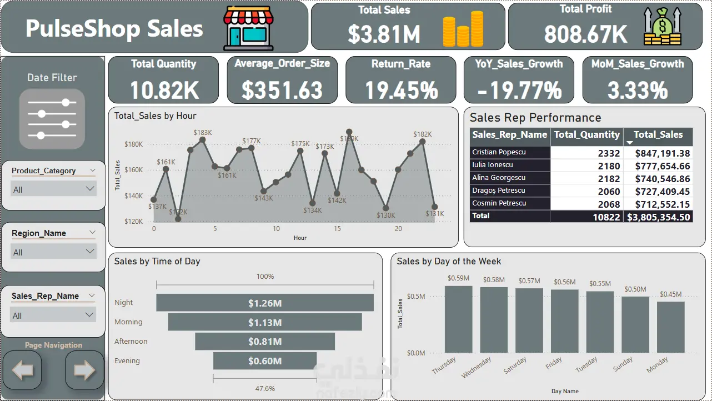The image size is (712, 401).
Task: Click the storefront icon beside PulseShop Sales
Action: [248, 29]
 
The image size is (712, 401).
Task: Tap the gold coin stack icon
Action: [463, 29]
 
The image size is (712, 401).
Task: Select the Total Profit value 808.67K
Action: [585, 34]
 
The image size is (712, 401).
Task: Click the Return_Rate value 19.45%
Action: [400, 90]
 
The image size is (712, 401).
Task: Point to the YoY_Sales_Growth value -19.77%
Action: [519, 90]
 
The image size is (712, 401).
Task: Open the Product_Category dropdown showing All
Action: [54, 189]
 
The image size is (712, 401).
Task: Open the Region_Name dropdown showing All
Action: [54, 252]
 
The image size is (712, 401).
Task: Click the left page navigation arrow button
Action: [22, 370]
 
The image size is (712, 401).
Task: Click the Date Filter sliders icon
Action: [52, 118]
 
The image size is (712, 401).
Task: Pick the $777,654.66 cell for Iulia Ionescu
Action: [658, 166]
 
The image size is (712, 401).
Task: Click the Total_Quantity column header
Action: [586, 134]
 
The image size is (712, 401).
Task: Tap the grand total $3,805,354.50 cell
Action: [658, 217]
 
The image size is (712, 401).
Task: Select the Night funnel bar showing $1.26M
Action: [265, 303]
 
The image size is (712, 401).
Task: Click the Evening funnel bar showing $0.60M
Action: [265, 361]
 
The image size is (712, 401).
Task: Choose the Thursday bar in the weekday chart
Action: [458, 319]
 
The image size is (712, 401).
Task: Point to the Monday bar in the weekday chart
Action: [671, 327]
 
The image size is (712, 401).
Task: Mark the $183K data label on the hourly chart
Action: [203, 132]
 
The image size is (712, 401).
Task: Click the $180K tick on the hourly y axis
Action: [133, 144]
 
